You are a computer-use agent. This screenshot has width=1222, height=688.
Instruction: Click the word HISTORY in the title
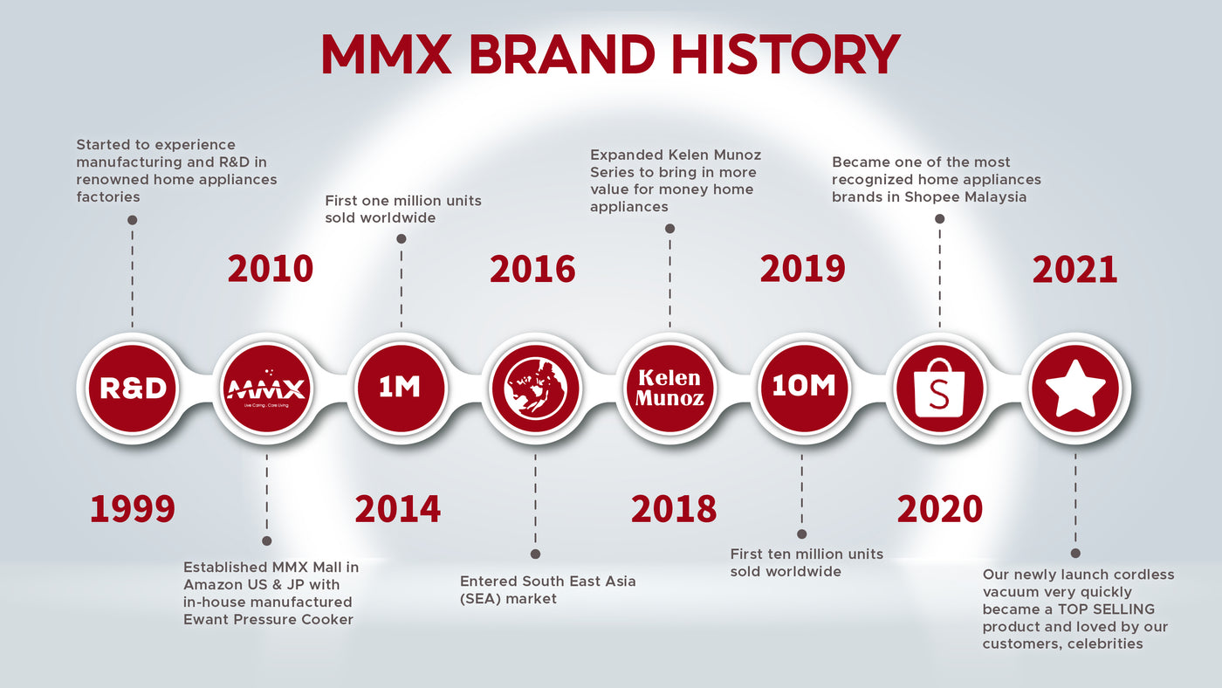786,54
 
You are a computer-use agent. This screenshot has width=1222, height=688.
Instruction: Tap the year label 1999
133,509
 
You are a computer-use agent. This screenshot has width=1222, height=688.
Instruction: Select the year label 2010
271,269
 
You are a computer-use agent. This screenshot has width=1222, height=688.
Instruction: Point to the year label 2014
398,509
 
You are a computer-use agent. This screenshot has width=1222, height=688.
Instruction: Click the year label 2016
532,269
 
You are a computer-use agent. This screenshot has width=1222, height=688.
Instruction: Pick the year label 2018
674,509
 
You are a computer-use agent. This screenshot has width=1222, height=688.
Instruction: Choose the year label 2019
802,269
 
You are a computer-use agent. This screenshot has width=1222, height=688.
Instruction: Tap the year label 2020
940,509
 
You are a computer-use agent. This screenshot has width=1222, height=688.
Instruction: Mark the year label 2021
1074,270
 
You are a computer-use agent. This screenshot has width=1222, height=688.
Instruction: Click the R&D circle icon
133,389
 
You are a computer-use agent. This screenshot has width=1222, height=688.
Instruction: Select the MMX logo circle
267,389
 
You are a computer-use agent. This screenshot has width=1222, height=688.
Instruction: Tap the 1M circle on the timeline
401,389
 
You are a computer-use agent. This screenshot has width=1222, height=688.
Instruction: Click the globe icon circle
535,389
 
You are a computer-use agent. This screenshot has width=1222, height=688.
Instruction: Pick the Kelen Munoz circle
670,389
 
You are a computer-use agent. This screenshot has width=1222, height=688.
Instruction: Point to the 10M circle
804,389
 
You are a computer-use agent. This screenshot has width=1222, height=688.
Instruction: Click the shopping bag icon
939,389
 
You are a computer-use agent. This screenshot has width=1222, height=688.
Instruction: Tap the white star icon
1075,389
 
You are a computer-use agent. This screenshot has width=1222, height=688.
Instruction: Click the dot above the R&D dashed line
132,220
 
